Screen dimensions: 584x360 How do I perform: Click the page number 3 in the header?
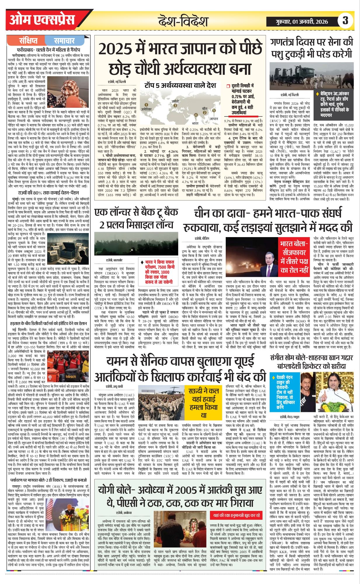point(345,21)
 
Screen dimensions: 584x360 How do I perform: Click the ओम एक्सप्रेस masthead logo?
point(42,20)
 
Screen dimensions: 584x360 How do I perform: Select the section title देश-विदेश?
point(183,21)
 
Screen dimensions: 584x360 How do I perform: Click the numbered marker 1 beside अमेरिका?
point(146,105)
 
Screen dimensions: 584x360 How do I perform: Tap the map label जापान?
point(214,119)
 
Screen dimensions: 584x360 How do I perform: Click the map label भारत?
point(195,123)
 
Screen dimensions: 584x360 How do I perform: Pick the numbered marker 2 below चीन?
point(205,113)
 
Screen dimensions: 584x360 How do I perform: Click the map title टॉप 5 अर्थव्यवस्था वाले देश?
point(180,86)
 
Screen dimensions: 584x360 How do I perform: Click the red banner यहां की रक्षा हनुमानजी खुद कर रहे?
point(236,515)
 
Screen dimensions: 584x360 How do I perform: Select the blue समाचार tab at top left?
point(64,41)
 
